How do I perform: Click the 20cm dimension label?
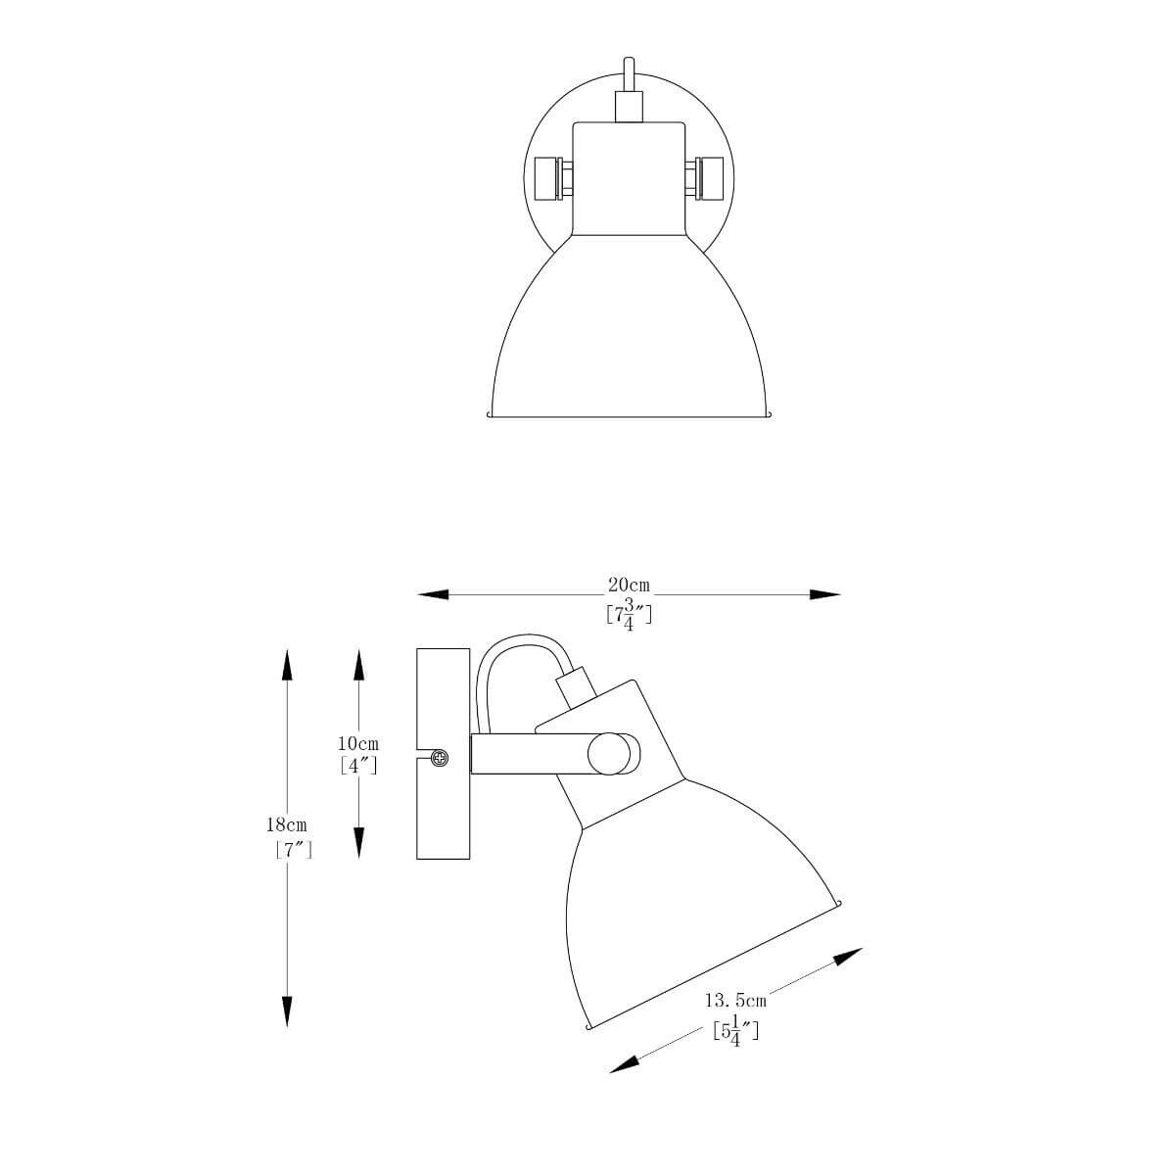point(629,586)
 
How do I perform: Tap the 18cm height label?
point(287,825)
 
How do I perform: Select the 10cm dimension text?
point(358,744)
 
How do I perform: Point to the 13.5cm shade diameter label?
point(735,1001)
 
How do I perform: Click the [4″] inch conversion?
point(358,766)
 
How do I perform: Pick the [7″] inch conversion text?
point(294,849)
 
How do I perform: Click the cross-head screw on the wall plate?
point(440,759)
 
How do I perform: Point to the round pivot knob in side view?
point(609,754)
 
